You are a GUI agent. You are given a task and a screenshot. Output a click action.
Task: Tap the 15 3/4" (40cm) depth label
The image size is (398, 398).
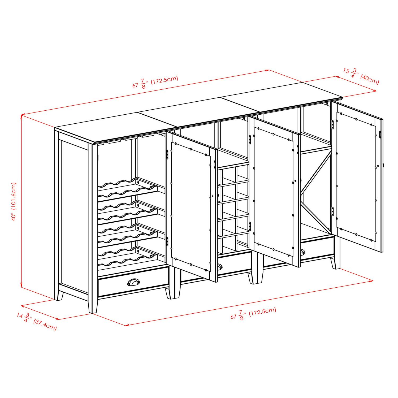coord(361,77)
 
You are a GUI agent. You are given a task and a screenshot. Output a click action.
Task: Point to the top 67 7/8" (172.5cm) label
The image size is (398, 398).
coord(155,82)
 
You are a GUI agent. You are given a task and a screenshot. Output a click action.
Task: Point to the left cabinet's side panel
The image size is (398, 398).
coord(73,212)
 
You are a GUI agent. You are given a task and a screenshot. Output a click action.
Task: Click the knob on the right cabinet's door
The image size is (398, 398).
coord(384,165)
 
